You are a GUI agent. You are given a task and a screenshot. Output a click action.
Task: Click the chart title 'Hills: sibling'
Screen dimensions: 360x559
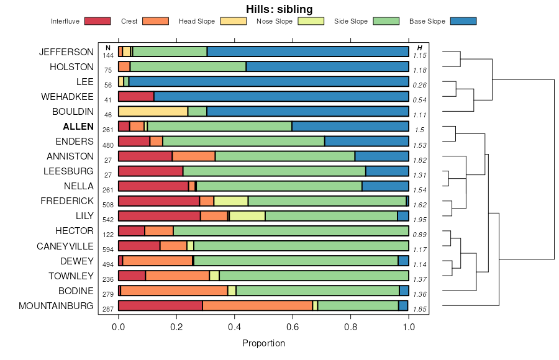(x=278, y=9)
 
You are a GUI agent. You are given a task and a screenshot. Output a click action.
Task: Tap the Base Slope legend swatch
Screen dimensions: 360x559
(x=463, y=22)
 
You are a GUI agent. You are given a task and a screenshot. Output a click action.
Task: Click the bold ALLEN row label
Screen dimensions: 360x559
(x=78, y=127)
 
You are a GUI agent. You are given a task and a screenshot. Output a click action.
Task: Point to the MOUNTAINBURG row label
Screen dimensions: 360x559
(x=57, y=306)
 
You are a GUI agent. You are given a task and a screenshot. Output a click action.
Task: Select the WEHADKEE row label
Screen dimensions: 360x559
(x=67, y=97)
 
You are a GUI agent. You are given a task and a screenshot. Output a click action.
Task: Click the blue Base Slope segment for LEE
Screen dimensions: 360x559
(x=268, y=81)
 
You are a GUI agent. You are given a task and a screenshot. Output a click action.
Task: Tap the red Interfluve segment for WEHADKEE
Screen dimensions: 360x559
(x=136, y=96)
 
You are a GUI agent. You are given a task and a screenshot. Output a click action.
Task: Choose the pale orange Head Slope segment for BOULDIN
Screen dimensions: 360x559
(x=153, y=111)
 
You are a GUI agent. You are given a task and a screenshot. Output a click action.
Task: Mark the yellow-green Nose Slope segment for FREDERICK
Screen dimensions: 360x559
(x=231, y=200)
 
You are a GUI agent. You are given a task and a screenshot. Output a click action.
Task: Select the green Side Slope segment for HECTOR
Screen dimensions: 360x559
(x=291, y=231)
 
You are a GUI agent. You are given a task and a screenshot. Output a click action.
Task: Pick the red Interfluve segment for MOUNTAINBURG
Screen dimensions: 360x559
(x=160, y=305)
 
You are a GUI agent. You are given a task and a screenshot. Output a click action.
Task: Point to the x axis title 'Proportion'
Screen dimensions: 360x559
(x=263, y=343)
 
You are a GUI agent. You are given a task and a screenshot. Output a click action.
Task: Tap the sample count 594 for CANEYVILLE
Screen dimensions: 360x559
(x=108, y=250)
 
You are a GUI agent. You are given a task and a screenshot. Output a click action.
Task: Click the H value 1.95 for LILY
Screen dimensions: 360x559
(x=420, y=220)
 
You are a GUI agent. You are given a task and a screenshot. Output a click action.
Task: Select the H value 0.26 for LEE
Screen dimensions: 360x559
(x=420, y=85)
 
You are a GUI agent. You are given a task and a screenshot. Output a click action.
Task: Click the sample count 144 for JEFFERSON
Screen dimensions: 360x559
(x=108, y=55)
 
